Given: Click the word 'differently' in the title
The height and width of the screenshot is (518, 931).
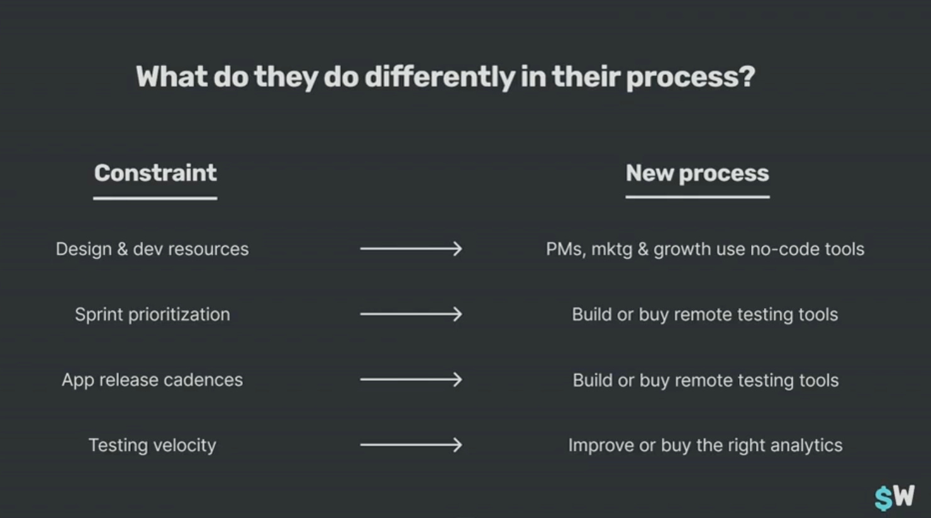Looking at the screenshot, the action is [440, 77].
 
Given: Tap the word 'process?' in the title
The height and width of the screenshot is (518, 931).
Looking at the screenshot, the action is [691, 77].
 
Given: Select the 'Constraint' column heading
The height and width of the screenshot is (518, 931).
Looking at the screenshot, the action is [155, 173].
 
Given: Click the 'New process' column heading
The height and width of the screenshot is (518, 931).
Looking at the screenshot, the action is [697, 173].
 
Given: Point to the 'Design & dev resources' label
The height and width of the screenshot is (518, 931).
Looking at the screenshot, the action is [152, 249].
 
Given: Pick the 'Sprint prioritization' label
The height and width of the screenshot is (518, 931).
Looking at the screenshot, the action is [152, 314].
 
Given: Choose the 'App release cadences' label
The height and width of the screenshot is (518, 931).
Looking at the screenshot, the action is [152, 380].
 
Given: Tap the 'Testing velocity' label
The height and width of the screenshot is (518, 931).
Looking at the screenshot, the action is [152, 445].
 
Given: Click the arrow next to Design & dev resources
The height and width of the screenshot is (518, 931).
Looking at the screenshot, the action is [411, 249].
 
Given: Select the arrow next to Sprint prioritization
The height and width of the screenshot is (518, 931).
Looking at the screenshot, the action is [411, 314].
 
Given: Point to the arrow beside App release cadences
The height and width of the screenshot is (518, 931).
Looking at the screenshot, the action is [411, 379].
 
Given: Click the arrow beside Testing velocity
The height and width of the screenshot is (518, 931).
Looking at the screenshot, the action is [411, 445].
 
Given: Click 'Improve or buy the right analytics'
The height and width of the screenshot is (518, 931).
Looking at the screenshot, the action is [705, 445].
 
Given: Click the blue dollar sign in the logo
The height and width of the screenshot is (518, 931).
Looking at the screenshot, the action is [884, 499].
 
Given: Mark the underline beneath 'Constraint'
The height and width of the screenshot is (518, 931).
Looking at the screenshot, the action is [155, 198].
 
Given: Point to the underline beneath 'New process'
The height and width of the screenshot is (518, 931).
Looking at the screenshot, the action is [697, 197].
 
